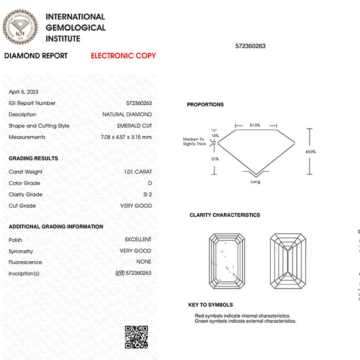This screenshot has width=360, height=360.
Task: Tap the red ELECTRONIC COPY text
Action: click(x=123, y=56)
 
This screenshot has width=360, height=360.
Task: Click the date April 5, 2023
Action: click(x=24, y=91)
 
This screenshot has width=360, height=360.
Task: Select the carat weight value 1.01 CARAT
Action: click(x=138, y=172)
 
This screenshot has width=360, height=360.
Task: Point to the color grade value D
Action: click(x=150, y=183)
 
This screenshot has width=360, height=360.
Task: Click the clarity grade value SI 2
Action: click(x=147, y=194)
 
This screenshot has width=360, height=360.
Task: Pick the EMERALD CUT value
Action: click(x=135, y=126)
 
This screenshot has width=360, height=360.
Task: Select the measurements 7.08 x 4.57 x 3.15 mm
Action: click(x=126, y=137)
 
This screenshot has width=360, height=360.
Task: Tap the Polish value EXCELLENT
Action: click(x=138, y=239)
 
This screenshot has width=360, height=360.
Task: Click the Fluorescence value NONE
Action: click(x=143, y=262)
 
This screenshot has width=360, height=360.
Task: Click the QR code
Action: click(x=136, y=337)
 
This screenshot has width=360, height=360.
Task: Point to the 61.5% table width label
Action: click(x=255, y=126)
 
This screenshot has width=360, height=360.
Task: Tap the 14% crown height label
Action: click(x=200, y=136)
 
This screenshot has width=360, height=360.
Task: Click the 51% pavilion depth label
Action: click(x=200, y=159)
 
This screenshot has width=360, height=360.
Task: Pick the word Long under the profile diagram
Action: click(x=255, y=182)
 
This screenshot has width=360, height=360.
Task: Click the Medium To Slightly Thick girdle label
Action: click(x=194, y=142)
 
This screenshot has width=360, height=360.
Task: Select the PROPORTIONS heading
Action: click(x=205, y=105)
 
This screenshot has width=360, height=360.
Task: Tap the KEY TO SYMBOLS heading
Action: click(x=210, y=305)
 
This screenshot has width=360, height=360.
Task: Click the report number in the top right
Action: click(x=250, y=46)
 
